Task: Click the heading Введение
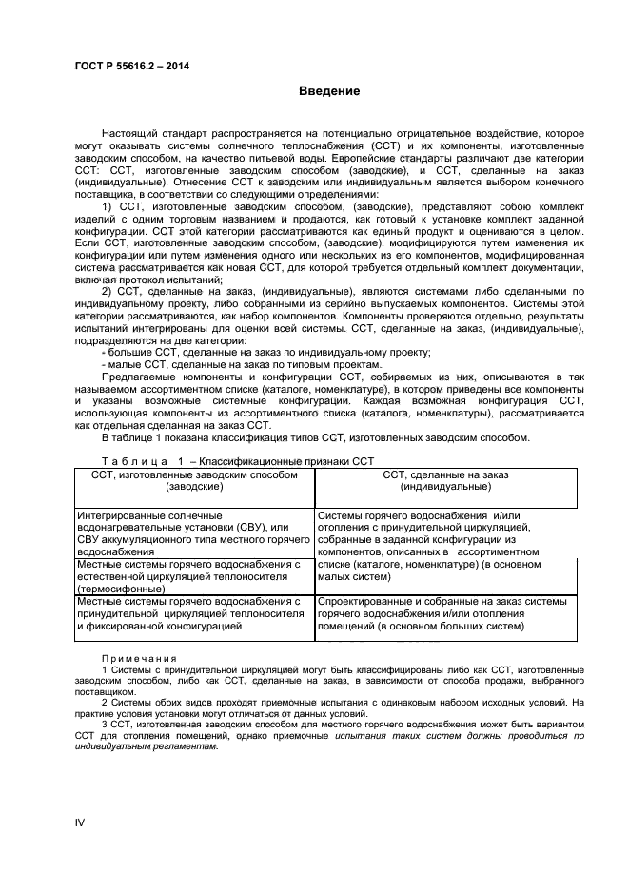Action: point(329,91)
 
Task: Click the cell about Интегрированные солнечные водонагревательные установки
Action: point(194,532)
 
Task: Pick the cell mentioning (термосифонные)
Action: point(194,576)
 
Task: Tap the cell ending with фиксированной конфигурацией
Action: point(194,613)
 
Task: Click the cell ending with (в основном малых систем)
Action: point(444,546)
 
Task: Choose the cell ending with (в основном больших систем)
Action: point(444,613)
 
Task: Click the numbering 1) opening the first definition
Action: point(108,206)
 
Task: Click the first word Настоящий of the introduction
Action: point(131,134)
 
